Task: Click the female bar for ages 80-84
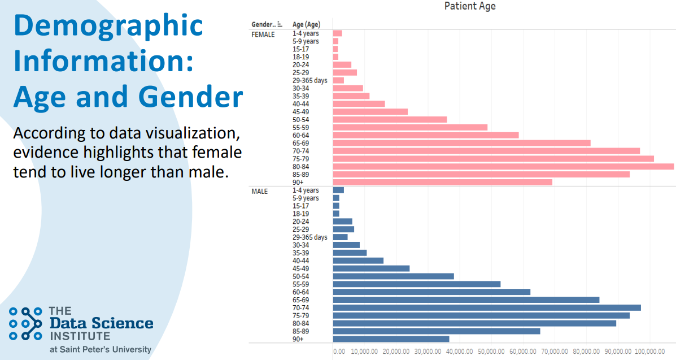coord(503,167)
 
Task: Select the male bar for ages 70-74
coord(487,308)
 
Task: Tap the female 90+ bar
coord(443,182)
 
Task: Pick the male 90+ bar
coord(391,339)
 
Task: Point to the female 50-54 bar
coord(390,120)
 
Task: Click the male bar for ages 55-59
coord(417,284)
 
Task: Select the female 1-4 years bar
coord(338,33)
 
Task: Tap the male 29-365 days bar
coord(340,237)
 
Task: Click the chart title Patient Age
coord(470,6)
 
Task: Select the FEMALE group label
coord(263,34)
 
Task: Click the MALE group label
coord(260,191)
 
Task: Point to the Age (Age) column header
coord(306,25)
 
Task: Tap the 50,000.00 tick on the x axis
coord(491,352)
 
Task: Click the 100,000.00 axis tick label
coord(649,352)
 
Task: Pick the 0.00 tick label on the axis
coord(339,352)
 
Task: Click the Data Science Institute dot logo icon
coord(26,323)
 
